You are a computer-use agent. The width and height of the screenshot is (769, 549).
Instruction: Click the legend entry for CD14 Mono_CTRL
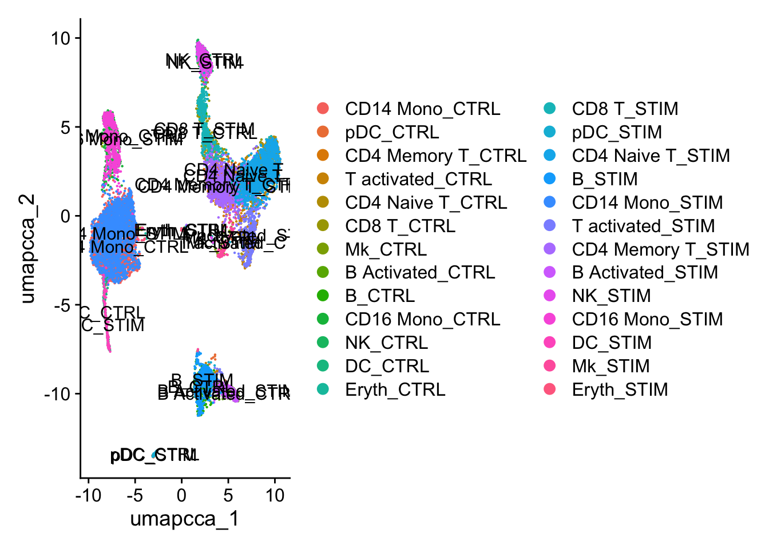[x=422, y=109]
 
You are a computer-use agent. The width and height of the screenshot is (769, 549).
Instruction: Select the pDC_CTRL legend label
[x=392, y=132]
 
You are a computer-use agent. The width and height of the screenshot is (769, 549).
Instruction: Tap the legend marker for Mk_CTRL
[x=323, y=249]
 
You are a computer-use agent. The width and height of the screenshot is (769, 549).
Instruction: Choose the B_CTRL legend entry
[x=380, y=296]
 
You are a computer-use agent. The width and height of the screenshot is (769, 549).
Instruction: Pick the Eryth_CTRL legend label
[x=395, y=389]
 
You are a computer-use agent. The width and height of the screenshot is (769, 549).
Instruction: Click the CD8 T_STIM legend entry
[x=625, y=109]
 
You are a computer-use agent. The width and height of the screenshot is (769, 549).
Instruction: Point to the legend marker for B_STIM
[x=550, y=179]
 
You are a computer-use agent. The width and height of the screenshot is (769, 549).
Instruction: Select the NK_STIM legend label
[x=611, y=296]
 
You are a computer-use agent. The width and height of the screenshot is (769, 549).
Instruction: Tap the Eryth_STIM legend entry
[x=620, y=389]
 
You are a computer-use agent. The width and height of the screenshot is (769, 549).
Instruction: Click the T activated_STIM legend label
[x=643, y=226]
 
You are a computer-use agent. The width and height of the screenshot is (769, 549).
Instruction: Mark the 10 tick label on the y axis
[x=60, y=38]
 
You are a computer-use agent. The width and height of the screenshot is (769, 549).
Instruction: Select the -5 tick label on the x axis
[x=134, y=495]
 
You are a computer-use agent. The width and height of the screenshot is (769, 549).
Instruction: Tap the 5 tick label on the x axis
[x=228, y=495]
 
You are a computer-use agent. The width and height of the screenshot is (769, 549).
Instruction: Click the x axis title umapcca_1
[x=184, y=519]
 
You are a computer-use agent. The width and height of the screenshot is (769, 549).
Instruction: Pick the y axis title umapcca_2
[x=27, y=248]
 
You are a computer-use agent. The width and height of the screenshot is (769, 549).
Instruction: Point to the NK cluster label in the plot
[x=204, y=61]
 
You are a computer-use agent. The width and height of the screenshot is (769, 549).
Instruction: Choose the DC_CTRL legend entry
[x=387, y=366]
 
